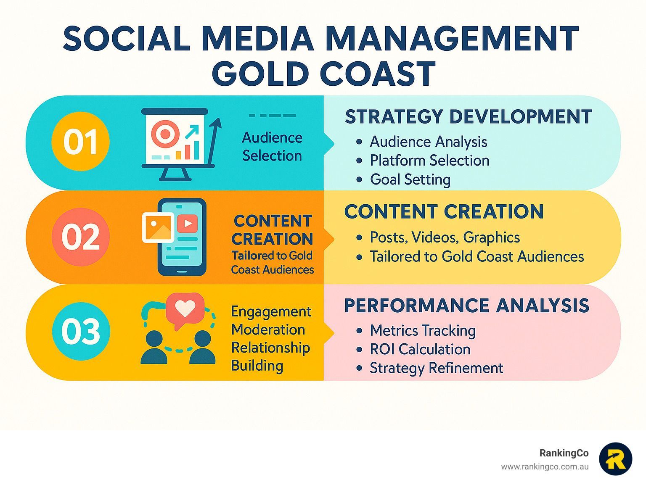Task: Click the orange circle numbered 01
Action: click(80, 141)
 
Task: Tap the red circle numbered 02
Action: click(81, 237)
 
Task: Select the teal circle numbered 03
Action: click(81, 331)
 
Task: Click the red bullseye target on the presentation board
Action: click(165, 134)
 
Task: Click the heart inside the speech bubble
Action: click(185, 308)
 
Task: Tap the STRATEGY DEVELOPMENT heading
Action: click(469, 116)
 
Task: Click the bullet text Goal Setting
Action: click(410, 179)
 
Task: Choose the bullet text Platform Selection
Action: click(429, 161)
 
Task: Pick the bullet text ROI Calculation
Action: click(420, 349)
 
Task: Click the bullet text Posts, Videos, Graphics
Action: click(445, 237)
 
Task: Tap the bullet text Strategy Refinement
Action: click(437, 368)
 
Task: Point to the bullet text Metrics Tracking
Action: click(423, 331)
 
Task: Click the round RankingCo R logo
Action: click(616, 459)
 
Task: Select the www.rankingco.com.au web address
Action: click(545, 467)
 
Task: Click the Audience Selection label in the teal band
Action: click(272, 147)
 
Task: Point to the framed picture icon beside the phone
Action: click(158, 227)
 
